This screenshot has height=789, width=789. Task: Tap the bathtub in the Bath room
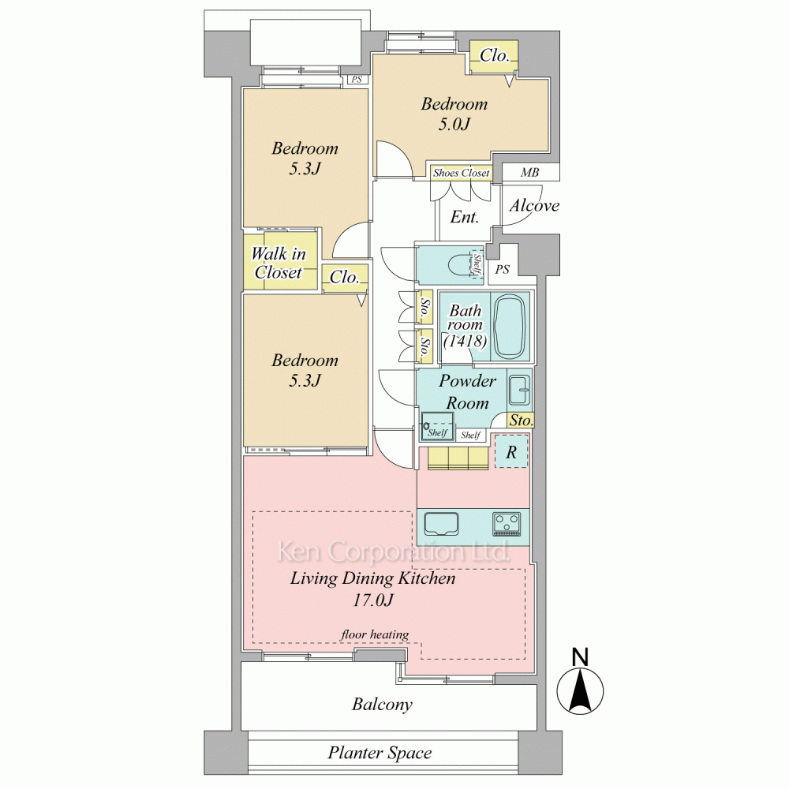tap(510, 327)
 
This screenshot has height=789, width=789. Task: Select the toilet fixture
tap(462, 264)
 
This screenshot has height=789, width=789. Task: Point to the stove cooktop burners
tap(507, 523)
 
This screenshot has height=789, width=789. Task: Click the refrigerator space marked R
tap(511, 452)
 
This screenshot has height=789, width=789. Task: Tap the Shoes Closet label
tap(461, 173)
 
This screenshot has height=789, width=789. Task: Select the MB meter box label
tap(530, 173)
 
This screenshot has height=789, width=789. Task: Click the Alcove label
tap(534, 205)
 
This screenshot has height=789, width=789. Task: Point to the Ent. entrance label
tap(464, 217)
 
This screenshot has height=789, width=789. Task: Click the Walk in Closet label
tap(279, 263)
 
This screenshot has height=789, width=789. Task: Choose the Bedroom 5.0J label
tap(454, 114)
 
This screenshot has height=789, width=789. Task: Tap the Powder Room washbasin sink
tap(519, 390)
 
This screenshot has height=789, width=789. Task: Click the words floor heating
tap(374, 634)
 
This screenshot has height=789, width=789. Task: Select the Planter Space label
tap(380, 753)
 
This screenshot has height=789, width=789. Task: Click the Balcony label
tap(382, 704)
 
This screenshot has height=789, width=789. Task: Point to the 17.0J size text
tap(372, 600)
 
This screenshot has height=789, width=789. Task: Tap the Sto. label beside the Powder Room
tap(521, 421)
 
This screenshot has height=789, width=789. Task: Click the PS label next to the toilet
tap(502, 270)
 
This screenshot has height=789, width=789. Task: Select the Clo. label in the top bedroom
tap(495, 55)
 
